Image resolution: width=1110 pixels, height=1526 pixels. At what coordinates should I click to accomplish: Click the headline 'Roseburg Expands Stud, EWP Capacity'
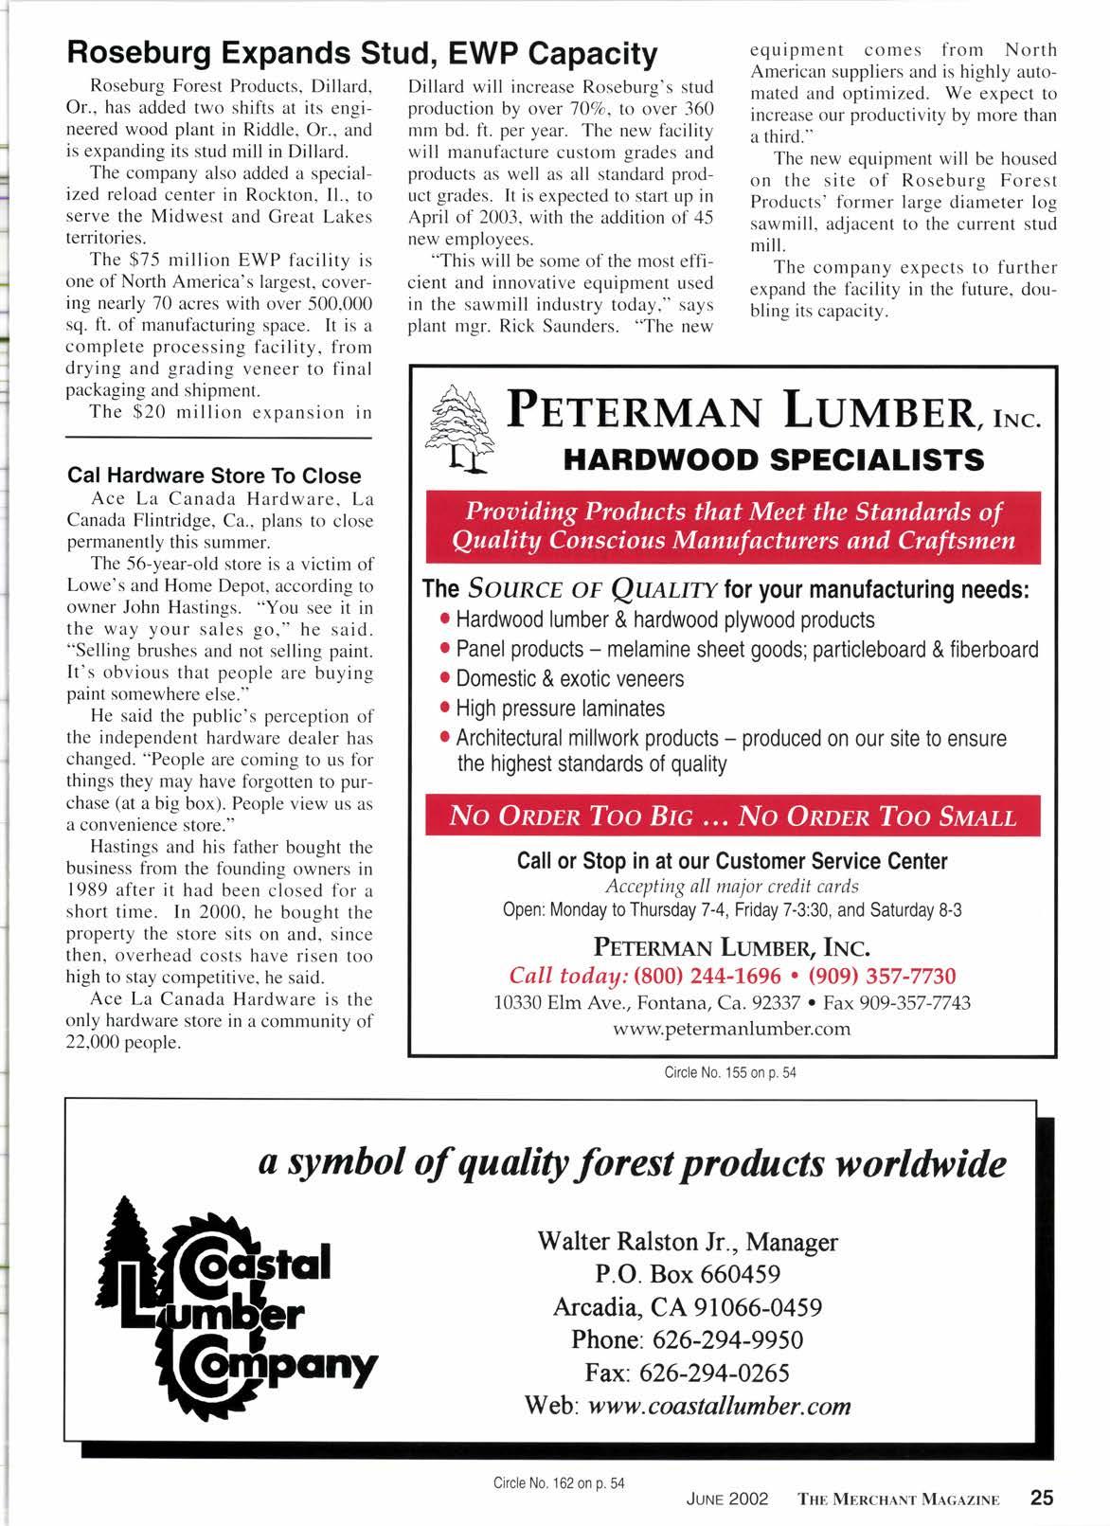[360, 53]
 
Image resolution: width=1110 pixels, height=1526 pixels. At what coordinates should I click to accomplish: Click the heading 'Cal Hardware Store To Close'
[214, 476]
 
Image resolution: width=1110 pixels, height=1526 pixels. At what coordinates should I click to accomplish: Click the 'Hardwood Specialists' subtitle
[774, 460]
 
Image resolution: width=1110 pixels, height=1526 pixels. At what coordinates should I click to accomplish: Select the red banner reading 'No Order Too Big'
[732, 817]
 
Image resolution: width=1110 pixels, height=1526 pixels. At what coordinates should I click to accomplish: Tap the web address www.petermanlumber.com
[732, 1029]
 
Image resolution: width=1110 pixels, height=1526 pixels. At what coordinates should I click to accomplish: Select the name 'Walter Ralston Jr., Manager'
[687, 1241]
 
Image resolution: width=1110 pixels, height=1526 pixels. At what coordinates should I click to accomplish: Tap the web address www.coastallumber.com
[719, 1406]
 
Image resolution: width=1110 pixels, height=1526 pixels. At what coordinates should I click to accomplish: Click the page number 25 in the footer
[1041, 1499]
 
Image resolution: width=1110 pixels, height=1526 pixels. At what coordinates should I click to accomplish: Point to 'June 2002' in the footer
[726, 1500]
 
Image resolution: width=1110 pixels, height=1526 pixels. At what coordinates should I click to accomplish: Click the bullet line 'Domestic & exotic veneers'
[569, 679]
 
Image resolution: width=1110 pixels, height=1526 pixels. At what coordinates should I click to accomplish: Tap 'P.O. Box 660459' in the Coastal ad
[688, 1274]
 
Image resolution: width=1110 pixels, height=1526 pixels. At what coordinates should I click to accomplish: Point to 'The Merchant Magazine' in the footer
[899, 1500]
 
